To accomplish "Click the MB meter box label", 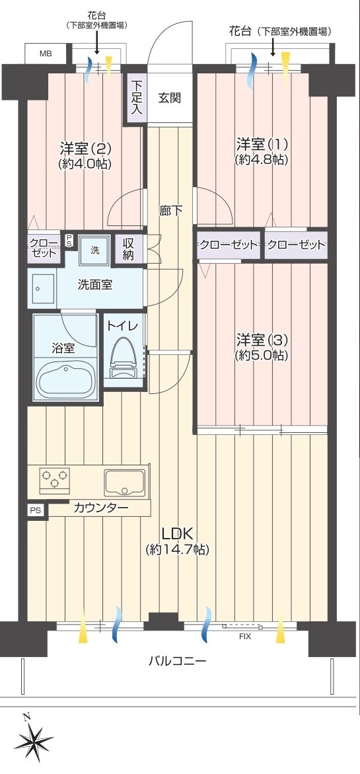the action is click(x=46, y=54).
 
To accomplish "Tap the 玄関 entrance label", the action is click(x=169, y=98).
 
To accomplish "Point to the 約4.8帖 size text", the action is click(x=262, y=160).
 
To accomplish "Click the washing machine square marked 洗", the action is click(x=94, y=249).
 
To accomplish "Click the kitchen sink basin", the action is click(x=124, y=483).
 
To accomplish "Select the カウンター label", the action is click(x=100, y=508).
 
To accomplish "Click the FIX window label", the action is click(x=245, y=637).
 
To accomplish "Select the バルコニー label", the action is click(x=178, y=660).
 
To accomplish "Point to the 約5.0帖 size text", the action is click(x=262, y=356).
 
